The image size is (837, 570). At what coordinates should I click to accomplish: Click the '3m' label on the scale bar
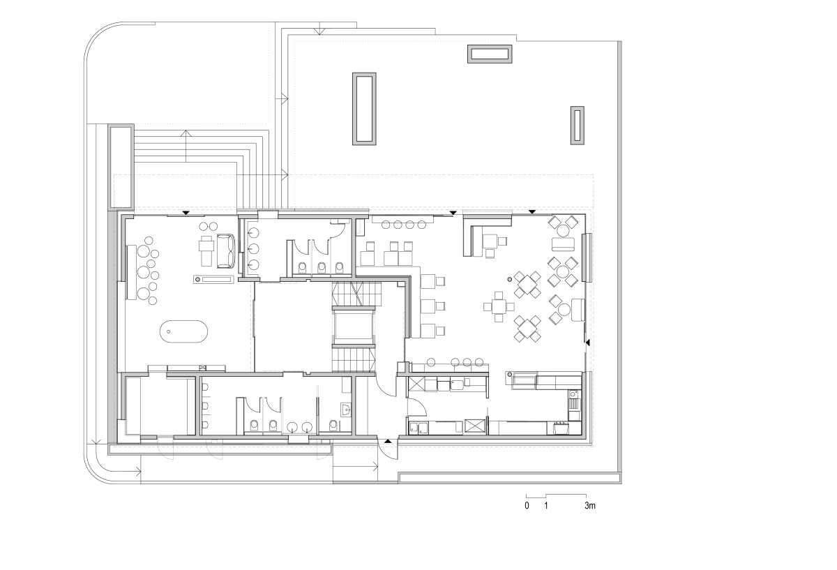coord(590,506)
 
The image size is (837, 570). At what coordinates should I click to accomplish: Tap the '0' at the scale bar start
coord(527,506)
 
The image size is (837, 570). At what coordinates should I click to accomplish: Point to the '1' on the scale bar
coord(546,506)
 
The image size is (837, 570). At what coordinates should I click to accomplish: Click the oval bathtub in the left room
coord(183,331)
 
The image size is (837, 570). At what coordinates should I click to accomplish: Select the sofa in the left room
coord(226,250)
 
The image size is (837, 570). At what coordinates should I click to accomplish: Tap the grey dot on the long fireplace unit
coord(197,279)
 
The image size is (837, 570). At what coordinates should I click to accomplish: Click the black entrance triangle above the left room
coord(186,213)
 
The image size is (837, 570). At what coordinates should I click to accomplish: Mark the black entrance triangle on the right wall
coord(587,343)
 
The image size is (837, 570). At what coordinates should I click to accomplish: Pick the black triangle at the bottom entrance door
coord(388,441)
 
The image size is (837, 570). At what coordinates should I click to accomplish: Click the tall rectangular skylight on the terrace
coord(364,109)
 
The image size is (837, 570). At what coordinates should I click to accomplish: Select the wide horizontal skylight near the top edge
coord(490,54)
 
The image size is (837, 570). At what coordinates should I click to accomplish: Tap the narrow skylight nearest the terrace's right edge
coord(578,126)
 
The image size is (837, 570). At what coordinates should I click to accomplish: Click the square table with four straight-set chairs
coord(499,307)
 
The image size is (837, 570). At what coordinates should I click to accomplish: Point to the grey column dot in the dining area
coord(510,279)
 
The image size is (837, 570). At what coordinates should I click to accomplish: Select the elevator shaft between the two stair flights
coord(354,327)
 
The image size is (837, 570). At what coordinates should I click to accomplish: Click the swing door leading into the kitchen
coord(417,407)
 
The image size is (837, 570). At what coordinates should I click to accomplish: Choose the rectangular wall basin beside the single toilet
coord(346,410)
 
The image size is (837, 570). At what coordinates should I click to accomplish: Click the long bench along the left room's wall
coord(131,272)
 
